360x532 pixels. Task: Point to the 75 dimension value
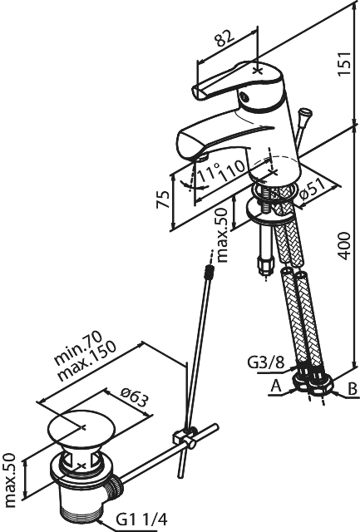[x=162, y=199]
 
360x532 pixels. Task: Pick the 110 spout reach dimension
[x=232, y=170]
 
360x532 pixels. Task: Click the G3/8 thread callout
[x=265, y=363]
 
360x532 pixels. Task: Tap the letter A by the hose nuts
[x=276, y=386]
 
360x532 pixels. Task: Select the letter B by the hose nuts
[x=353, y=388]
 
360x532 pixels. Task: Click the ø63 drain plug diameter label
[x=135, y=397]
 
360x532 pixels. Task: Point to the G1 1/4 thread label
[x=142, y=519]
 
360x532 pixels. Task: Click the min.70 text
[x=78, y=348]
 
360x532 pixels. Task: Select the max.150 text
[x=87, y=360]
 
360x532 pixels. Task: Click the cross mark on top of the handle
[x=258, y=71]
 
